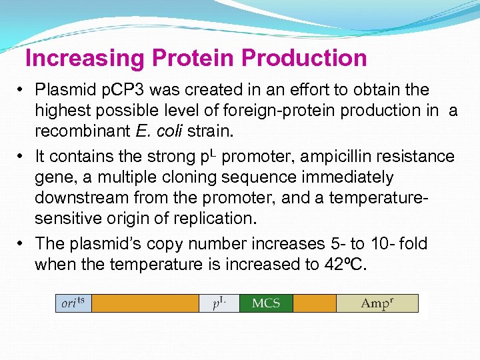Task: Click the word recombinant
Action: coord(75,130)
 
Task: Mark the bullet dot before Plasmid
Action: coord(21,90)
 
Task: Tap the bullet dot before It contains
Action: coord(21,157)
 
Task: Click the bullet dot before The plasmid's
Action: coord(21,243)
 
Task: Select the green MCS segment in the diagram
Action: coord(265,303)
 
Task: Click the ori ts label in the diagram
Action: coord(73,303)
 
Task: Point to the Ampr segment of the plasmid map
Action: coord(377,303)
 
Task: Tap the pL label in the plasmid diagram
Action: coord(219,303)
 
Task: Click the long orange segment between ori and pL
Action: coord(145,303)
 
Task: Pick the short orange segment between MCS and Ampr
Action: coord(314,303)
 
